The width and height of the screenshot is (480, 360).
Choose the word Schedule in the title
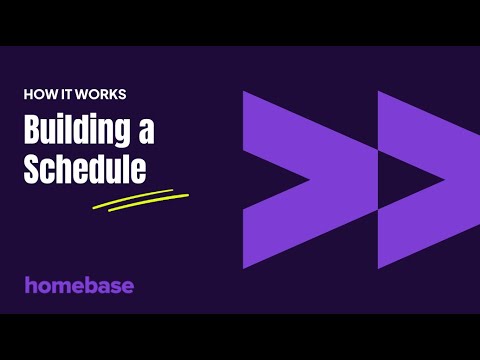pyautogui.click(x=85, y=168)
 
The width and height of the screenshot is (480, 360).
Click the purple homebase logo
pyautogui.click(x=79, y=285)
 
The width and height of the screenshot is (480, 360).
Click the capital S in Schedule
pyautogui.click(x=32, y=168)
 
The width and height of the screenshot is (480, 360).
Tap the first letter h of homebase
pyautogui.click(x=30, y=285)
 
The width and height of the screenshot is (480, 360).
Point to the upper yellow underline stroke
pyautogui.click(x=140, y=195)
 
